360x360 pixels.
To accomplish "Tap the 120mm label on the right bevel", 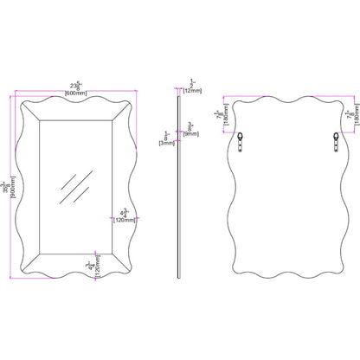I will point(125,220).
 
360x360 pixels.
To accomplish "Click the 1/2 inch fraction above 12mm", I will point(192,83).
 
